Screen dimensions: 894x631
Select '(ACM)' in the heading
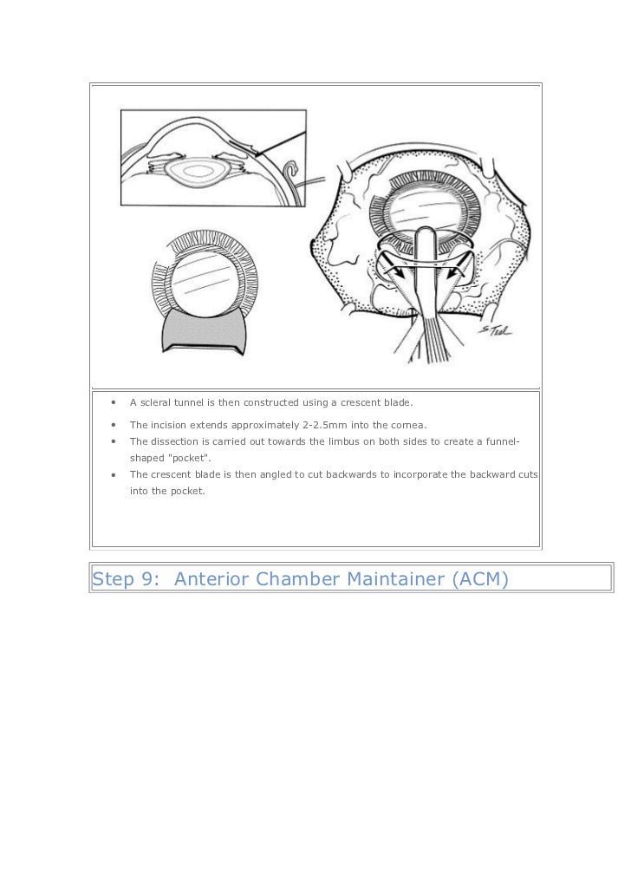click(x=478, y=578)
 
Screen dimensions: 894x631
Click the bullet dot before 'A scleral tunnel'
click(x=113, y=402)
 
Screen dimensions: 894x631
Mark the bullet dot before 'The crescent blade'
click(x=113, y=474)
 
